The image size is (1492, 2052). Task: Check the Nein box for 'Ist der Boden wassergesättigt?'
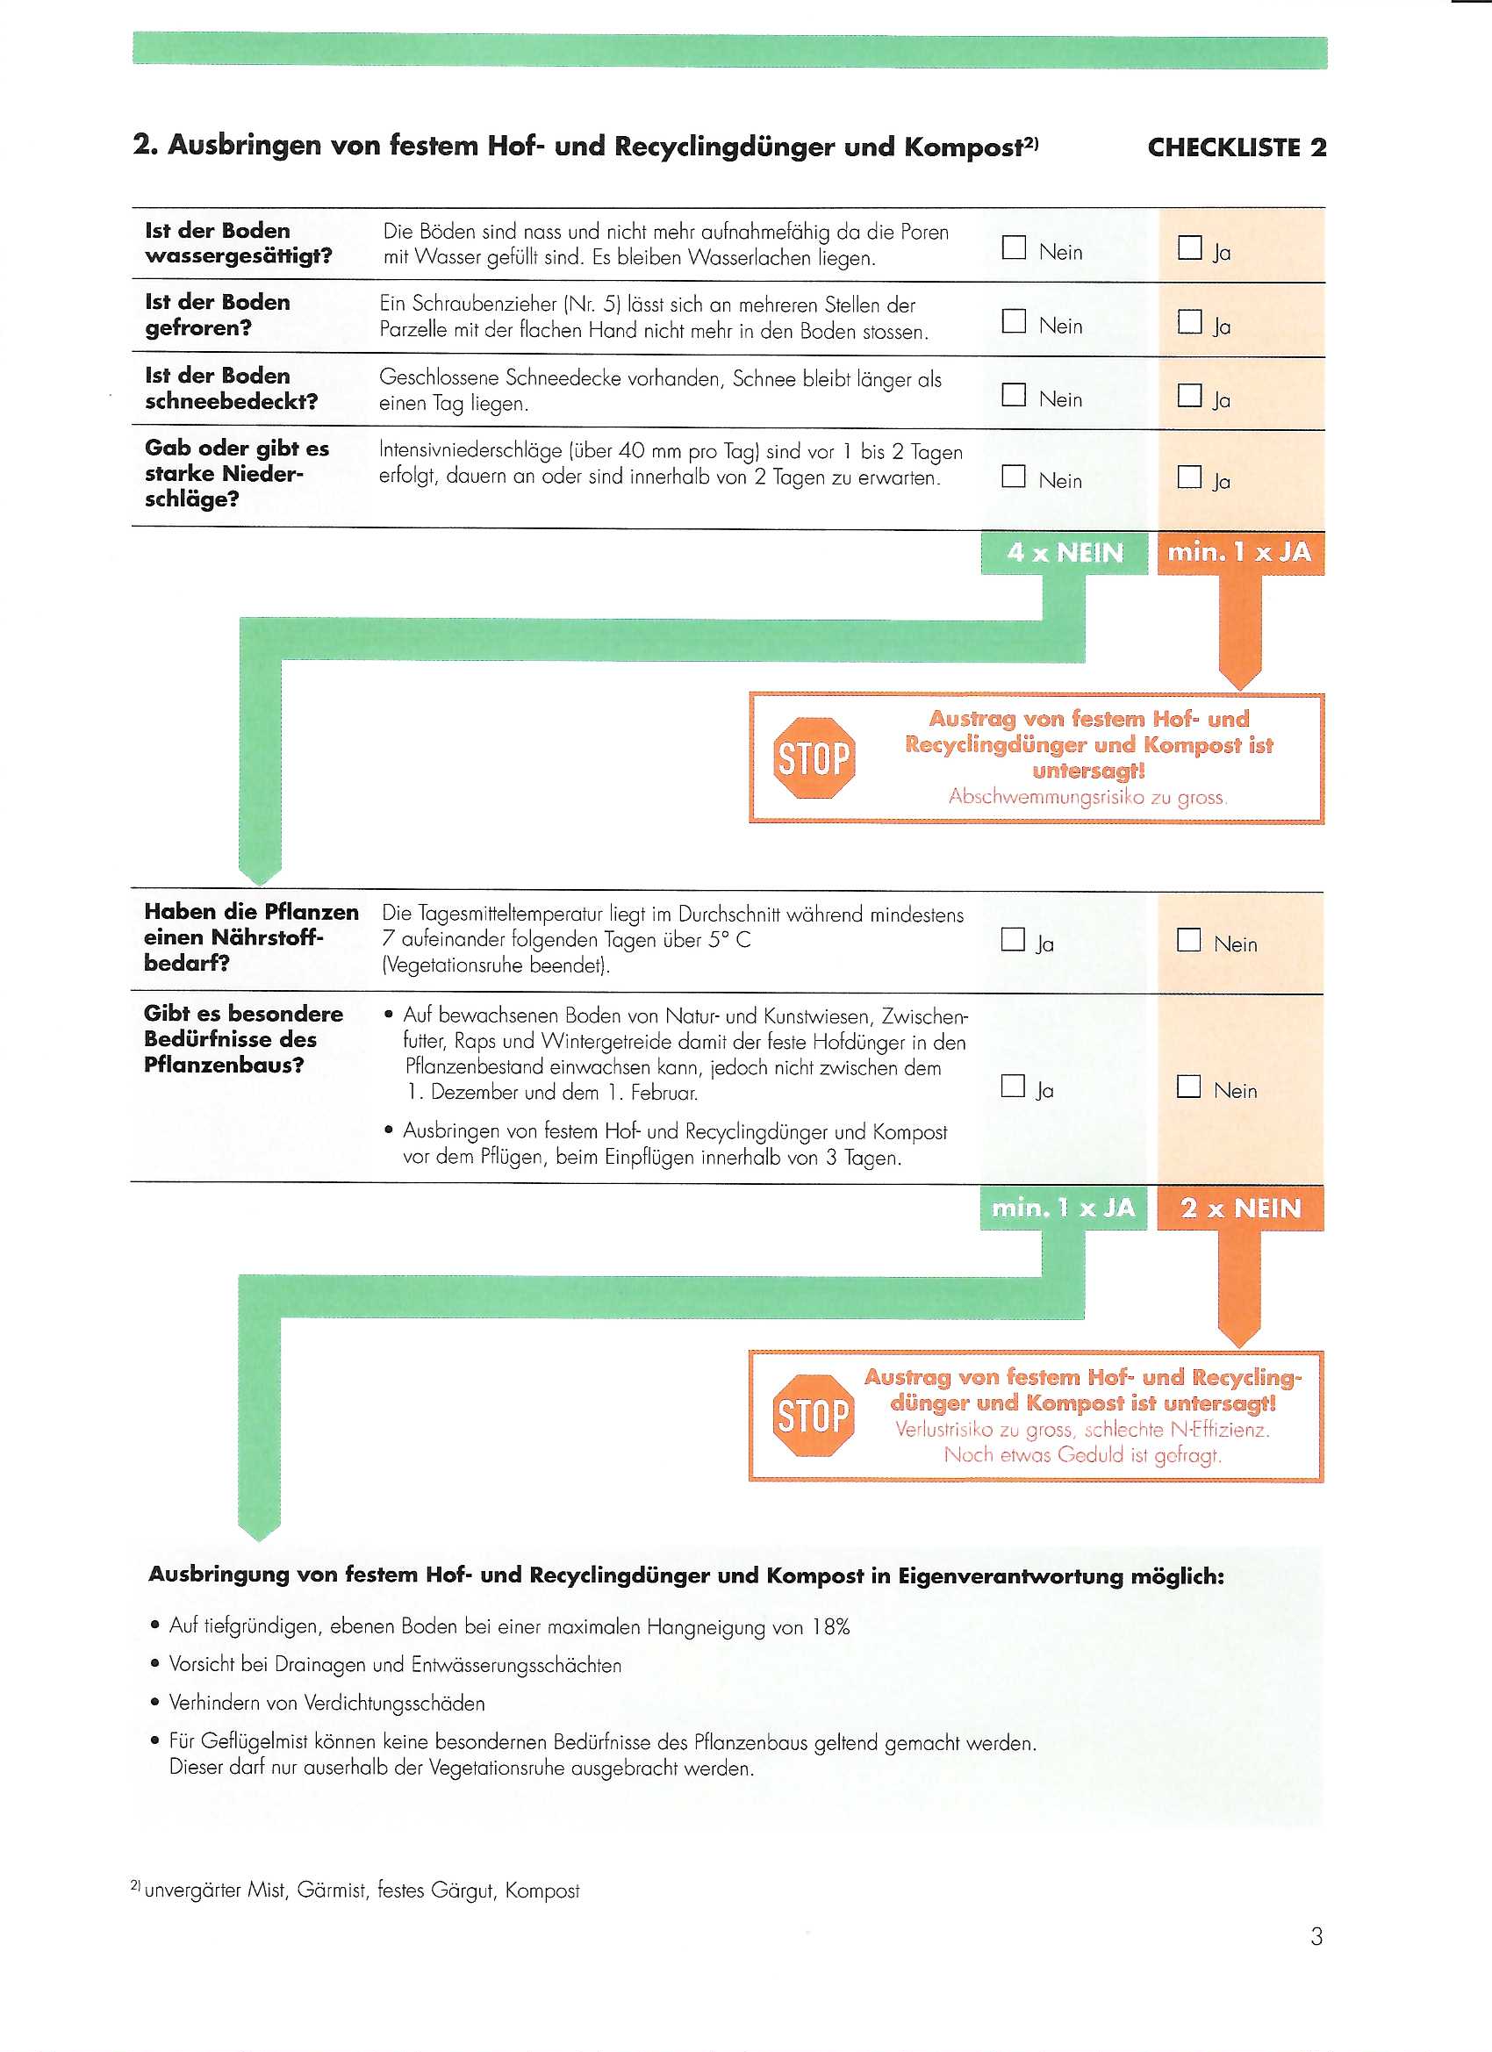[1014, 248]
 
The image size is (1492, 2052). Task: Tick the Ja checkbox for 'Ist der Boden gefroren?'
[1189, 322]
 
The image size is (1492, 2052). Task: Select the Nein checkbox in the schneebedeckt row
[1014, 395]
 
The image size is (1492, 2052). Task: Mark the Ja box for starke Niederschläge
[1189, 477]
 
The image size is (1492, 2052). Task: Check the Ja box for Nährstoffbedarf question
[1013, 940]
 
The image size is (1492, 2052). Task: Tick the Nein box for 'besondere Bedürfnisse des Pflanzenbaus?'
[1188, 1087]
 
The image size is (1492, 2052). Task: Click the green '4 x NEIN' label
[1064, 553]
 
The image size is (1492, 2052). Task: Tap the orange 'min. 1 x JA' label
[1239, 553]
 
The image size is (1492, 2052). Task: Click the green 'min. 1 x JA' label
[1063, 1208]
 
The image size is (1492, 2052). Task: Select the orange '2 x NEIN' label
[1239, 1208]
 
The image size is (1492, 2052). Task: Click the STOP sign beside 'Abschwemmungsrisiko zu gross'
[814, 758]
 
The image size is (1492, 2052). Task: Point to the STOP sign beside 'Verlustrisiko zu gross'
[813, 1415]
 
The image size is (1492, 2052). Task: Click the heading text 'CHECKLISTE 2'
[1236, 147]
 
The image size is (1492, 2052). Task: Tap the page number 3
[1316, 1936]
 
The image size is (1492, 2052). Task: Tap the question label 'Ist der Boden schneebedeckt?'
[231, 388]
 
